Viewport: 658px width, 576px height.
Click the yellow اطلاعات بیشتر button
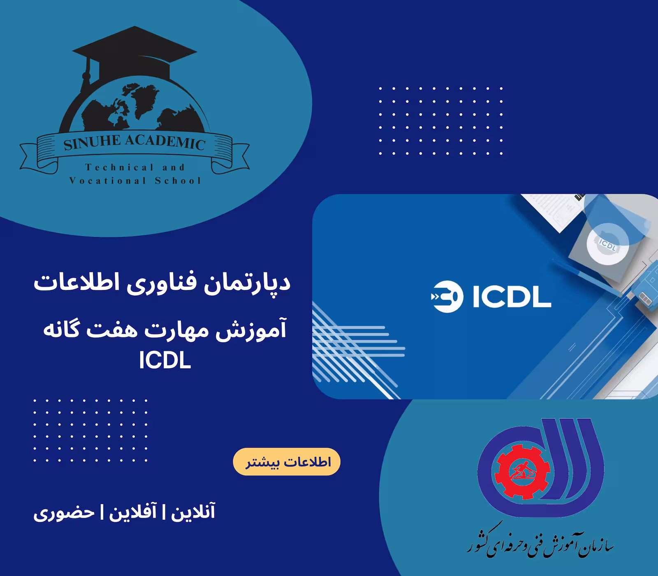click(287, 462)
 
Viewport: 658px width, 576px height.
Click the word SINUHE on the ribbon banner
click(91, 143)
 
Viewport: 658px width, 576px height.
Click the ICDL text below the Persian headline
click(165, 361)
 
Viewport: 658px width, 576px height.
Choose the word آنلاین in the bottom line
click(193, 513)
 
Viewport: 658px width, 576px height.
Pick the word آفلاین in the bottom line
click(132, 513)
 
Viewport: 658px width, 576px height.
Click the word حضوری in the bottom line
click(64, 513)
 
